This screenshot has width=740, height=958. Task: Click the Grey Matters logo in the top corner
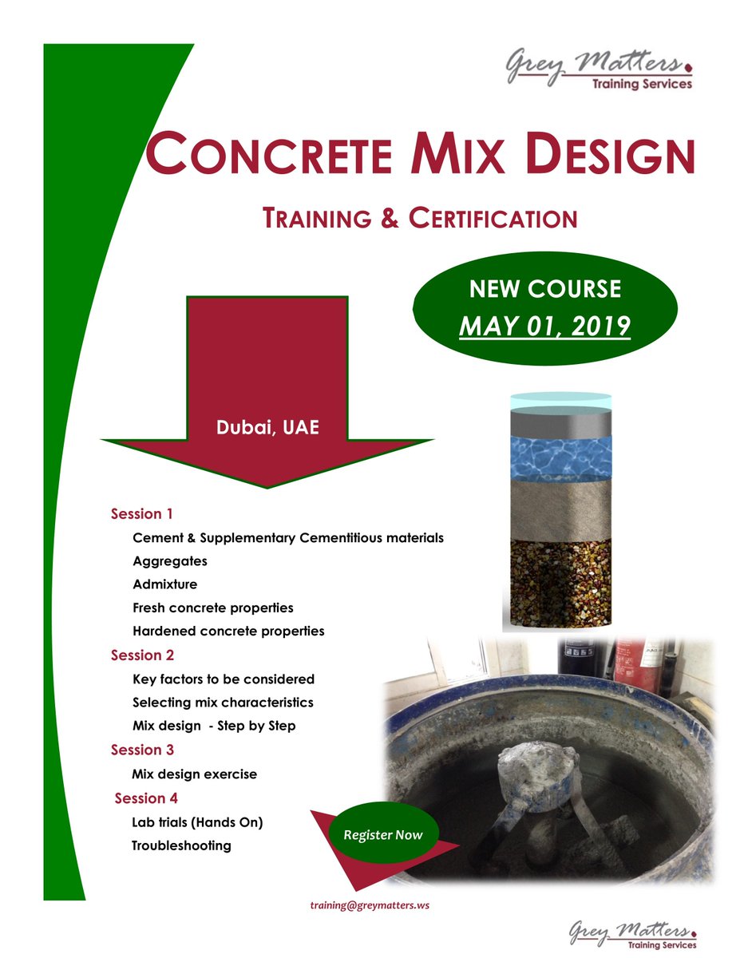click(597, 70)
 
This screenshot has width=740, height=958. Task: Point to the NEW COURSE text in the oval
click(544, 288)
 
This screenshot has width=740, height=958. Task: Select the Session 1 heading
click(142, 513)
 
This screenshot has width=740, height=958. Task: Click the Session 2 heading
click(142, 655)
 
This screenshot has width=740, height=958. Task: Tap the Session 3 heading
click(142, 750)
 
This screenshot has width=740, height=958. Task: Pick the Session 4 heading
click(146, 798)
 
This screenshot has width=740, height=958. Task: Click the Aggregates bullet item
click(170, 561)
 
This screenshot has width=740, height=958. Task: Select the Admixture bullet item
click(165, 584)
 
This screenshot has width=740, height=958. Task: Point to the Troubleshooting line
click(181, 845)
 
